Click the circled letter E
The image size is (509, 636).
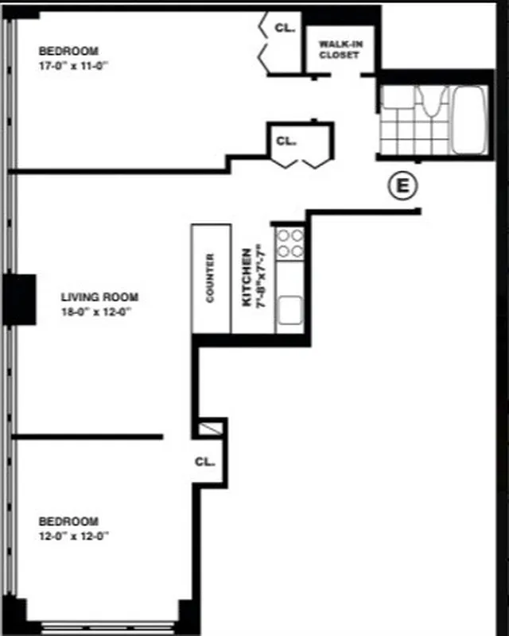(402, 186)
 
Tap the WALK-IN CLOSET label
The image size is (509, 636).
(340, 49)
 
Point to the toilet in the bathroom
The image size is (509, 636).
(430, 103)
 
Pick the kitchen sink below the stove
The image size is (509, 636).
(289, 308)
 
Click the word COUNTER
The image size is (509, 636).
(211, 278)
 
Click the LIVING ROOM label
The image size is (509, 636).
(99, 297)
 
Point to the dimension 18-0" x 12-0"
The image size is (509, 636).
(95, 312)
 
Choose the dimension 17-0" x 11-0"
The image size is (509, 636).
(72, 67)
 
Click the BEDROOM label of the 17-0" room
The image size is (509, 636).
(68, 52)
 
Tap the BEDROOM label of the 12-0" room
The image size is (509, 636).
(69, 522)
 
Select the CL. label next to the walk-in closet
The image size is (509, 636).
(285, 28)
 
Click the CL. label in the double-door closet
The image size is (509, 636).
(286, 142)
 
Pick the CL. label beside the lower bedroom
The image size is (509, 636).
(204, 461)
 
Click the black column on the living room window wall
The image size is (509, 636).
(20, 298)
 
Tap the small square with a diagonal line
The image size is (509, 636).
(209, 428)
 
